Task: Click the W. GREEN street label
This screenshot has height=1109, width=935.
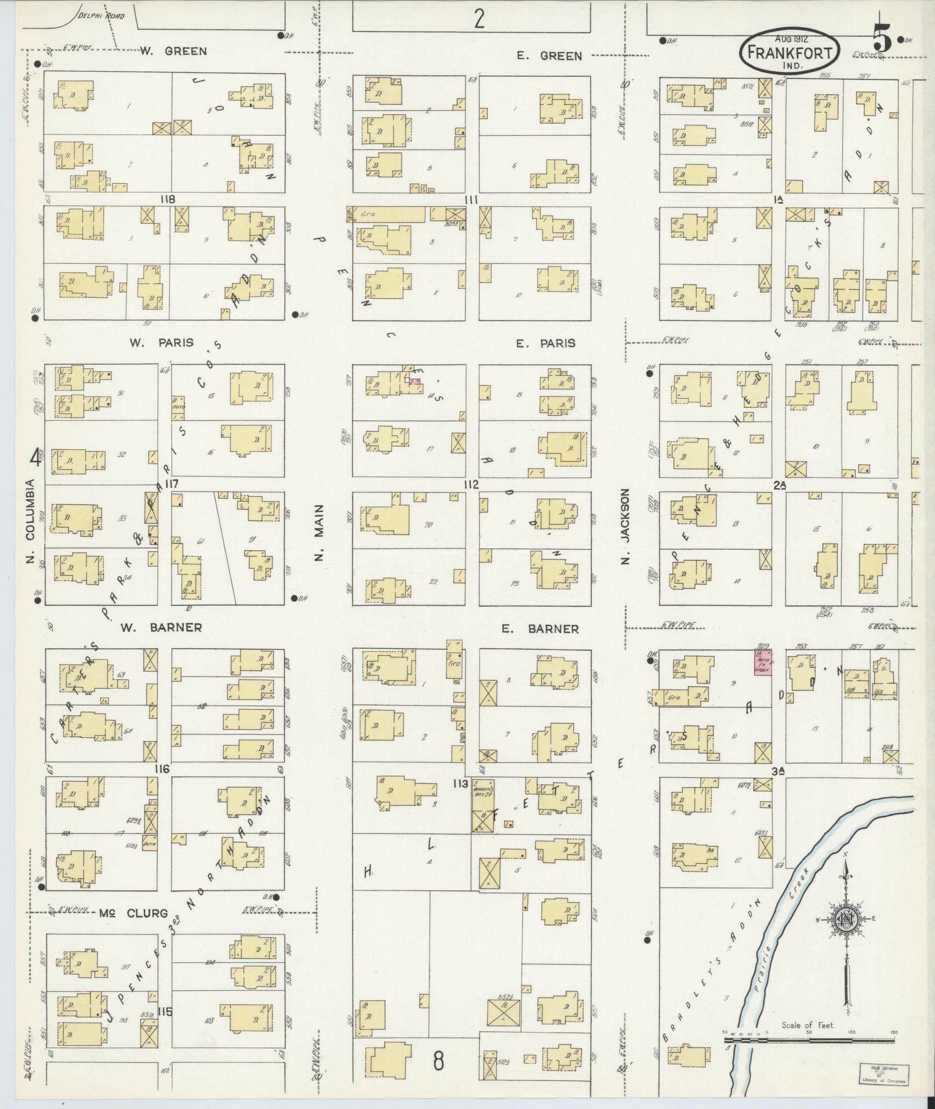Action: coord(173,51)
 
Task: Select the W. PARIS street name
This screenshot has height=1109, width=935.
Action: coord(161,342)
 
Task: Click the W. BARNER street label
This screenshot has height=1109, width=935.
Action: coord(161,627)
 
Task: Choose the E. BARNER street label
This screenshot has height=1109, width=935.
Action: coord(540,628)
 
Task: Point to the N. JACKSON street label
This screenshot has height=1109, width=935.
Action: coord(625,526)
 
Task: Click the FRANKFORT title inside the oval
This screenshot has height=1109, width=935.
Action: coord(790,53)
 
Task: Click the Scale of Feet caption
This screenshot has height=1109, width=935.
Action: coord(808,1025)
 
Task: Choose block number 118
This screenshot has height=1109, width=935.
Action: coord(169,199)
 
